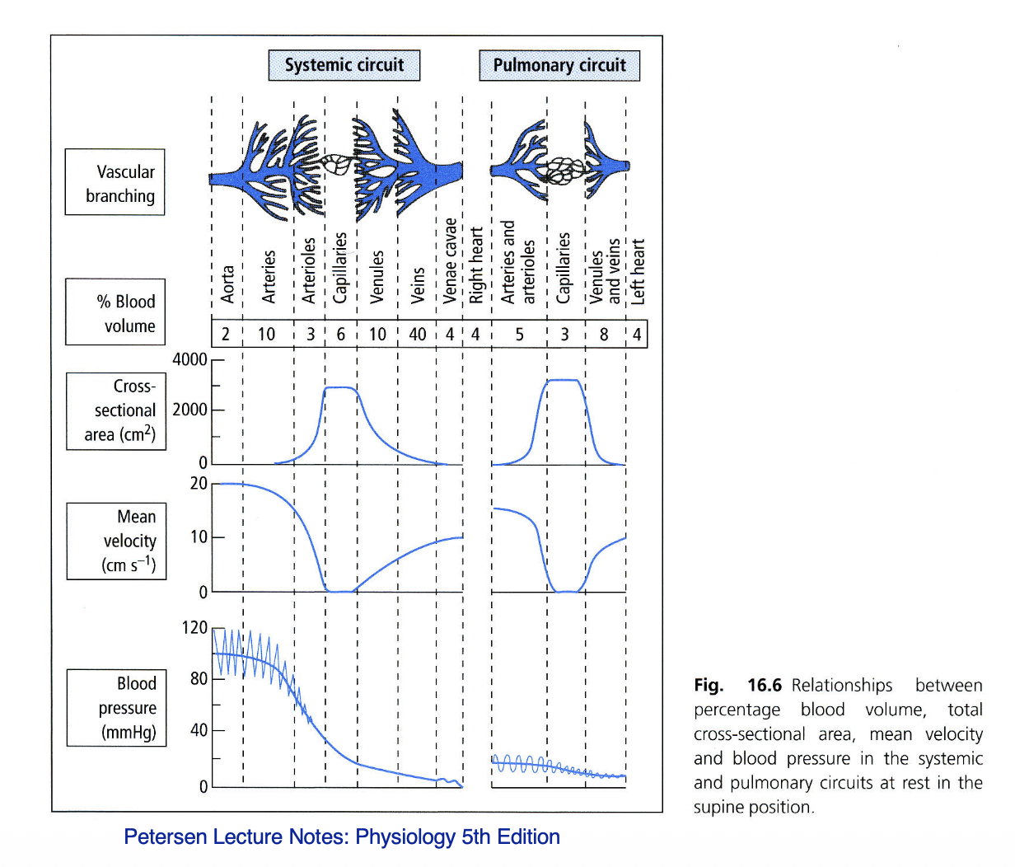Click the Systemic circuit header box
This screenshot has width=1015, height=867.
pyautogui.click(x=344, y=65)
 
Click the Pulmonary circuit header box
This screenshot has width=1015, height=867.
pyautogui.click(x=559, y=65)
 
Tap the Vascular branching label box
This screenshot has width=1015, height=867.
pyautogui.click(x=115, y=182)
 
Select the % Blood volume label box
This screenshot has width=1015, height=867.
pyautogui.click(x=115, y=312)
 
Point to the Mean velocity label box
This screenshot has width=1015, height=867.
pyautogui.click(x=116, y=541)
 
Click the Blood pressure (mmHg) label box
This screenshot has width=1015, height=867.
pyautogui.click(x=116, y=708)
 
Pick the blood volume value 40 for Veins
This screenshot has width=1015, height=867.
pyautogui.click(x=418, y=335)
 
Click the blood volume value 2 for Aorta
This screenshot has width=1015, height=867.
pyautogui.click(x=226, y=335)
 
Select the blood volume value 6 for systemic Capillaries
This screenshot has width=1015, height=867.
pyautogui.click(x=341, y=335)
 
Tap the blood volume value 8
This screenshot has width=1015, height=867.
pyautogui.click(x=604, y=335)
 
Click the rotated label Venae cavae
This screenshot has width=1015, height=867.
pyautogui.click(x=450, y=260)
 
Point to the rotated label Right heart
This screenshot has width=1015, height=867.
pyautogui.click(x=476, y=265)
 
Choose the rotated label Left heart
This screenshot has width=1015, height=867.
pyautogui.click(x=638, y=272)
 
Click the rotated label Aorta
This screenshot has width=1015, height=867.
pyautogui.click(x=227, y=284)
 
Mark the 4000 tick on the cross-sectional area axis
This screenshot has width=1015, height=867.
pyautogui.click(x=189, y=359)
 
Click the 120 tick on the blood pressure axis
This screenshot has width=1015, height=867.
pyautogui.click(x=194, y=628)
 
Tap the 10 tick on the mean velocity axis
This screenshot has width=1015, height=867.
pyautogui.click(x=199, y=537)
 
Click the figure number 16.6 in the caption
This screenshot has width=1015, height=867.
pyautogui.click(x=765, y=685)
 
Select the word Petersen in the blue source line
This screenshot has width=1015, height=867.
pyautogui.click(x=163, y=837)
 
